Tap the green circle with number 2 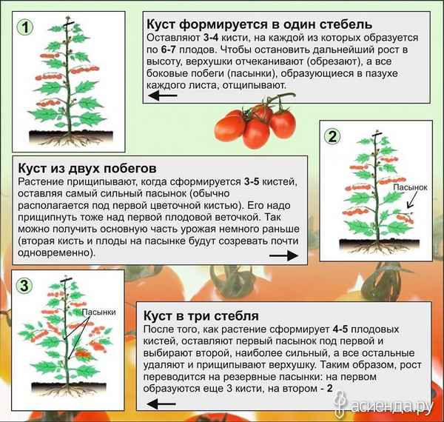point(333,135)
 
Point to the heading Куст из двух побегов point(86,167)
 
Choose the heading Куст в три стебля point(198,314)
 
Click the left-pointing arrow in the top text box point(165,96)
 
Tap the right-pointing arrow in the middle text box point(282,255)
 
